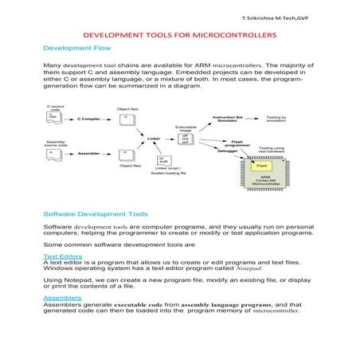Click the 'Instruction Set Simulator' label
229,119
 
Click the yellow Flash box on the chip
261,165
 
